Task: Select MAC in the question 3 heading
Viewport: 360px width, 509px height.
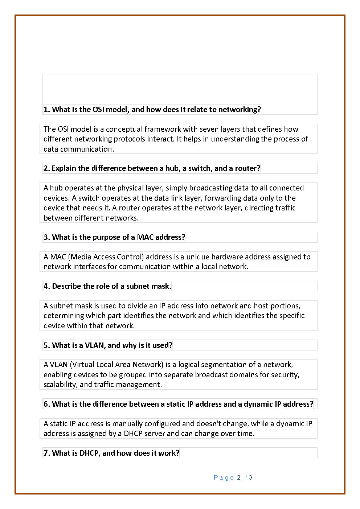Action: pyautogui.click(x=145, y=237)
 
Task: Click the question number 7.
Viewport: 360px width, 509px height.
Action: pyautogui.click(x=46, y=453)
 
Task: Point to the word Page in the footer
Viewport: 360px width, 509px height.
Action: pyautogui.click(x=224, y=478)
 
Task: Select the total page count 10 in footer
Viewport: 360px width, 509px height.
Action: pyautogui.click(x=249, y=478)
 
